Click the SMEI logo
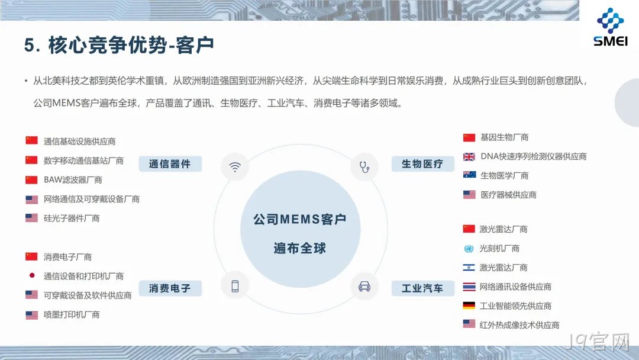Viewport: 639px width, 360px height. [610, 27]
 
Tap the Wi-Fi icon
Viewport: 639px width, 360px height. [235, 167]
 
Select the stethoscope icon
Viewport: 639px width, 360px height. [364, 167]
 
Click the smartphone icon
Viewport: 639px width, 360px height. [235, 286]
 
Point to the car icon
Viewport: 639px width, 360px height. [364, 287]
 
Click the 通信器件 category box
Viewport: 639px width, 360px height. [170, 164]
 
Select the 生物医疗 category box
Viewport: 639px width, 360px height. [422, 164]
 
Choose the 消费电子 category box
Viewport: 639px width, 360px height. [170, 288]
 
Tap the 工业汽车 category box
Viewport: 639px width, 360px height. [422, 288]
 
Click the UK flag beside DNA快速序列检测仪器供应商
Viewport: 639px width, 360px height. [469, 156]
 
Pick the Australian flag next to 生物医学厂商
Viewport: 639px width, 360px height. [469, 175]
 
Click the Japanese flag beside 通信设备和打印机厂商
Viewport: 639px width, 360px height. [32, 275]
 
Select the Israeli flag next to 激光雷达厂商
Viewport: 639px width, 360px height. [469, 268]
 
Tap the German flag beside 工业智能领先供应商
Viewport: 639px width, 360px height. [469, 306]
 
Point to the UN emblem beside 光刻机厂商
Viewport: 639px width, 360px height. [469, 249]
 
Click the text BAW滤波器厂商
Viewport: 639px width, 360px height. [73, 180]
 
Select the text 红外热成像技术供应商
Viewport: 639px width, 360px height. [519, 325]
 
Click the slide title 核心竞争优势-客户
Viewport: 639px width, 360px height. [131, 45]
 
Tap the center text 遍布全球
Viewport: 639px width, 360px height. [300, 248]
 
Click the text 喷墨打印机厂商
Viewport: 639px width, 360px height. [72, 315]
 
